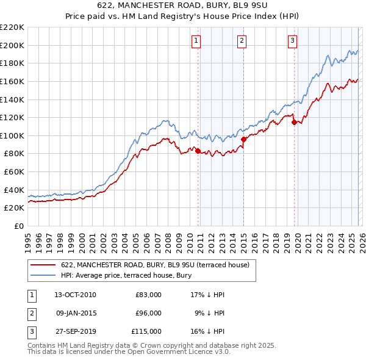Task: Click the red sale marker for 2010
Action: [198, 151]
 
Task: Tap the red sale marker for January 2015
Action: [243, 139]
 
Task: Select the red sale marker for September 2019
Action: [294, 122]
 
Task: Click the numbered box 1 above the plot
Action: [196, 41]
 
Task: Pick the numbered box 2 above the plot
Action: [242, 41]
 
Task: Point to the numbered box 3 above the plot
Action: [292, 41]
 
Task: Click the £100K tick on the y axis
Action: [12, 135]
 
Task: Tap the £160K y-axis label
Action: [12, 81]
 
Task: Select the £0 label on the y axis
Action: [18, 226]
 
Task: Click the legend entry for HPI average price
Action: [126, 275]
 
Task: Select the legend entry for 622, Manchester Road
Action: [154, 265]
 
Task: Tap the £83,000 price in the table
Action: [148, 295]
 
